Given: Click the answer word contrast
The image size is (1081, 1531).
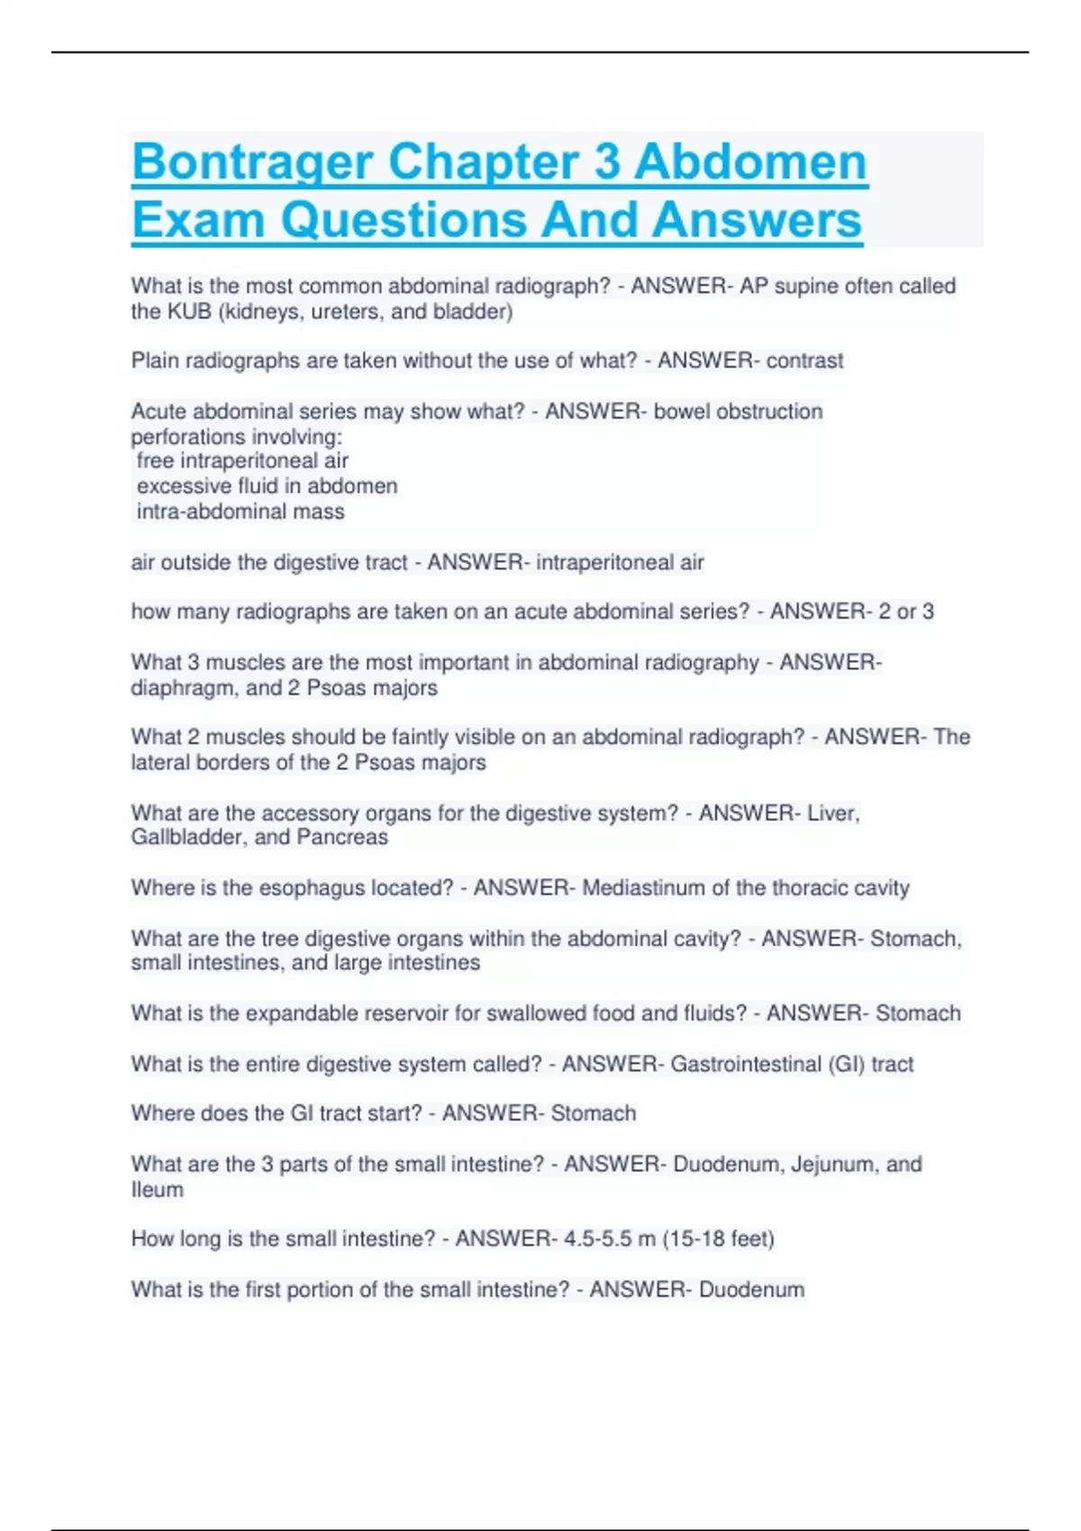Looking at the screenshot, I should click(x=804, y=361).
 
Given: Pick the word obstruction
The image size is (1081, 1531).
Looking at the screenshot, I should click(x=768, y=412).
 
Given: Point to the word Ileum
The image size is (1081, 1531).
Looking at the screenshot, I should click(x=157, y=1190).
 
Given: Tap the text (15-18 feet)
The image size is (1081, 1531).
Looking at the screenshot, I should click(x=718, y=1239).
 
